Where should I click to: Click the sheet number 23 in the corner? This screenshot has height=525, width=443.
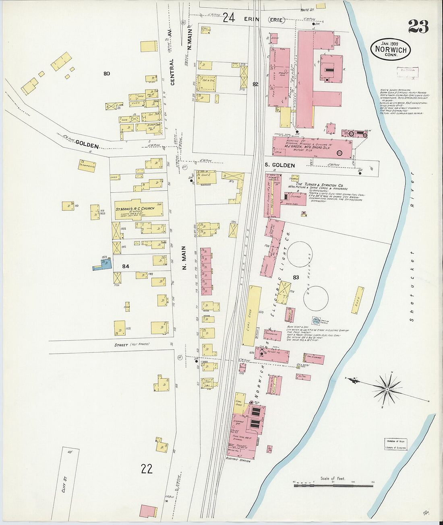[x=418, y=27]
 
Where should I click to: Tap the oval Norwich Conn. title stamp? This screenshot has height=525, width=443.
[x=390, y=49]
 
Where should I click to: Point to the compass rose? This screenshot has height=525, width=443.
[x=387, y=389]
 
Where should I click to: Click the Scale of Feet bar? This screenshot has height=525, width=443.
[x=333, y=486]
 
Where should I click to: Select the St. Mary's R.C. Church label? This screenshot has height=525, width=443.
[x=135, y=209]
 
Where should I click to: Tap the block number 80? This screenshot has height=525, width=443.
[x=106, y=74]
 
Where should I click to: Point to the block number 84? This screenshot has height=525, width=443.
[x=126, y=266]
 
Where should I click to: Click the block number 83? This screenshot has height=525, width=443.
[x=296, y=277]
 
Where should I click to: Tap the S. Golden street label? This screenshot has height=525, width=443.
[x=279, y=165]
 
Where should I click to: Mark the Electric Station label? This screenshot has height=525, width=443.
[x=238, y=460]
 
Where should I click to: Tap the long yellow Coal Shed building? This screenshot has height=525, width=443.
[x=252, y=316]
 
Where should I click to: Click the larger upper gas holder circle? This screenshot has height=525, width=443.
[x=300, y=254]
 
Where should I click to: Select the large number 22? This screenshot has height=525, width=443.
[x=147, y=468]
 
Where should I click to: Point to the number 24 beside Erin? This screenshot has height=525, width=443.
[x=229, y=18]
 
